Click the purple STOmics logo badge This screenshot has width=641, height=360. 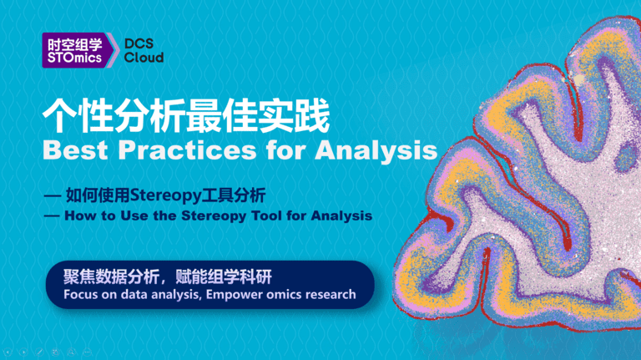(74, 50)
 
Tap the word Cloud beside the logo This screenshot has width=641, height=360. (144, 58)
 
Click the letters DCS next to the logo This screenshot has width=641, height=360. (139, 43)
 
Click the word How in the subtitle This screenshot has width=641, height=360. (77, 215)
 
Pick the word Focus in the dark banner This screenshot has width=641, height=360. (80, 294)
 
